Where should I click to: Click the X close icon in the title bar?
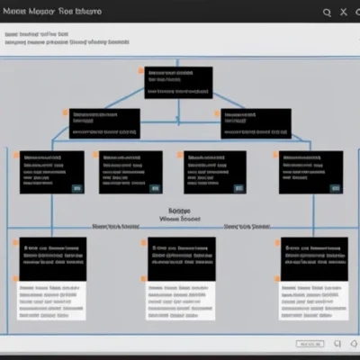(344, 12)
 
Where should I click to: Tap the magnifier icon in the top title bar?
(327, 12)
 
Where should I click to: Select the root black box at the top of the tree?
(179, 82)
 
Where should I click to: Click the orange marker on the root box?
(141, 69)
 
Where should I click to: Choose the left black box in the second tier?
(104, 123)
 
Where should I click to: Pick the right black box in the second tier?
(256, 123)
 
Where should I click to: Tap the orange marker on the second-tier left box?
(66, 112)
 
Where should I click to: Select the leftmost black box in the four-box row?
(51, 172)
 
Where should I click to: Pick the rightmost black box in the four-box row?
(310, 172)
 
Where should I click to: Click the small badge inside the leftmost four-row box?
(76, 188)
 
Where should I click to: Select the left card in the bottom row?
(52, 278)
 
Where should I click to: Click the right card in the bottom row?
(313, 278)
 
